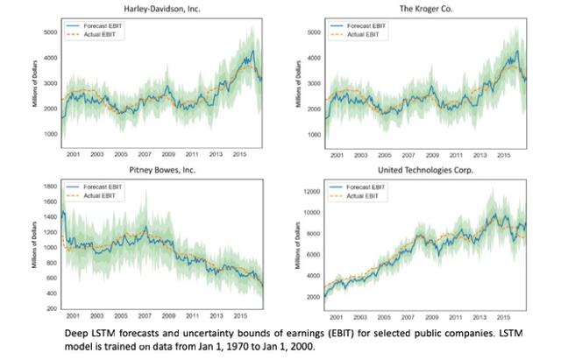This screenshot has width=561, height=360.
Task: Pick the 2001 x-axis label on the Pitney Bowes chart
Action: coord(74,315)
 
